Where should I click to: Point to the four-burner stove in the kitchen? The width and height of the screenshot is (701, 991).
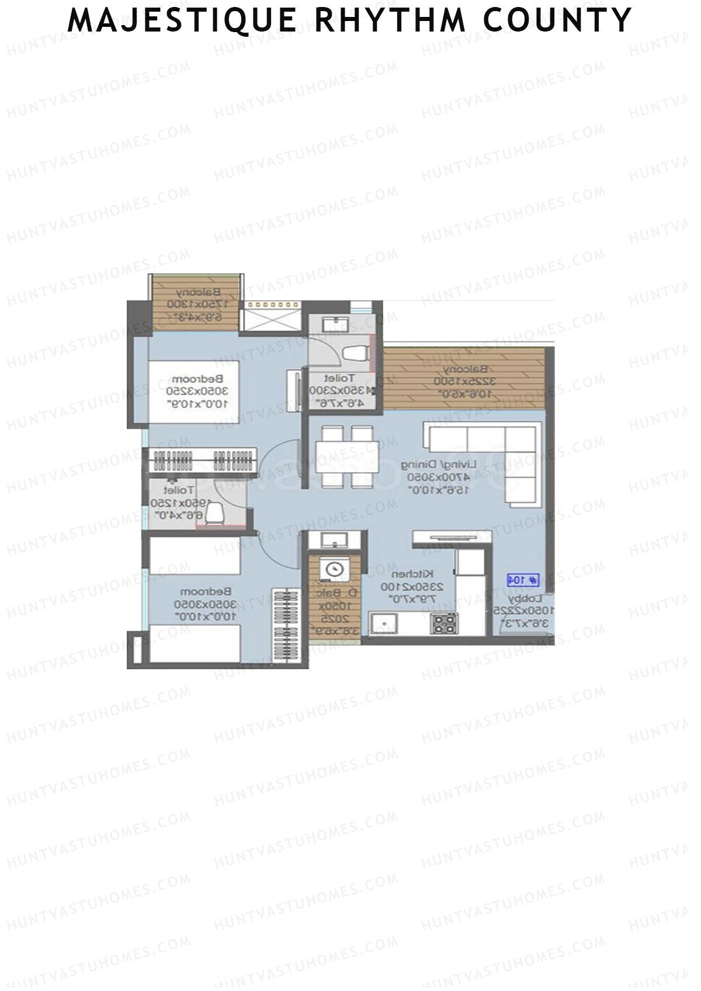444,624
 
